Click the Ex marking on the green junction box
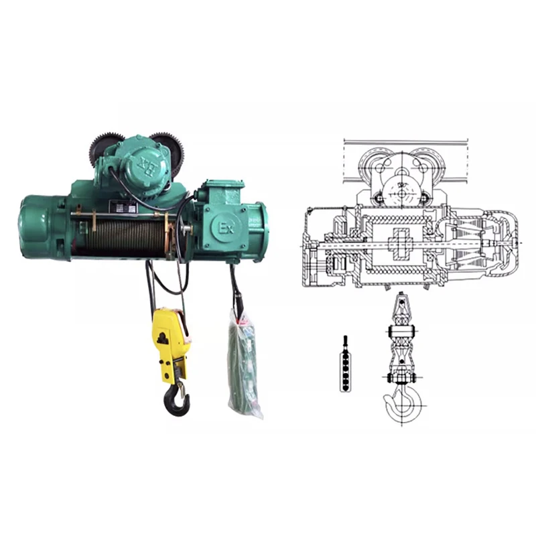(225, 228)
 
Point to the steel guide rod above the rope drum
(127, 215)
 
